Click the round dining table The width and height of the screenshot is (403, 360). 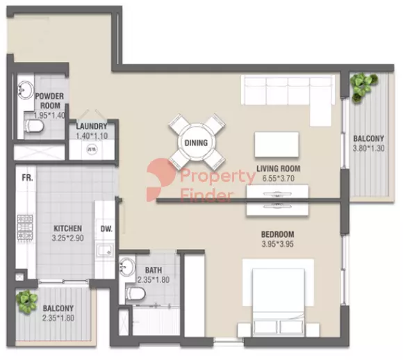(x=196, y=142)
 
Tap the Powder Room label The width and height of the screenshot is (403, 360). (x=49, y=101)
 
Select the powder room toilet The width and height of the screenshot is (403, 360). (x=33, y=126)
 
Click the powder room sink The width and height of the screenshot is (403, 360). (x=25, y=90)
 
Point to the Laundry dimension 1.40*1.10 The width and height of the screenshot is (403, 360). (x=92, y=136)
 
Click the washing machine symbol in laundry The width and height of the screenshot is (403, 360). (x=92, y=149)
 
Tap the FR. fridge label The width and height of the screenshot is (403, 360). (x=27, y=178)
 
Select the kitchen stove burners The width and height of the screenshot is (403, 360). (x=25, y=227)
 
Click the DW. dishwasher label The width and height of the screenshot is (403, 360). (x=106, y=229)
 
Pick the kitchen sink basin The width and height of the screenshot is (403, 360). (x=105, y=250)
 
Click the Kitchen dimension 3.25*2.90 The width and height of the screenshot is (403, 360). (x=68, y=238)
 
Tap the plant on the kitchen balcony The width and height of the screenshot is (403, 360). (x=26, y=301)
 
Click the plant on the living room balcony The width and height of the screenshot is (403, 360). (x=363, y=86)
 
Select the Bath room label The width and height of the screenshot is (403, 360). (x=154, y=270)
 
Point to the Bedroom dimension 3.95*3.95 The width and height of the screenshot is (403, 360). (x=277, y=244)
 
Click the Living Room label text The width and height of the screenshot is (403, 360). (x=279, y=168)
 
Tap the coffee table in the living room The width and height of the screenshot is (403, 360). (x=277, y=145)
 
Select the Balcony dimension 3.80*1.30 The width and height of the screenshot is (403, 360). (x=368, y=148)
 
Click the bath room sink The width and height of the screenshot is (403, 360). (x=127, y=267)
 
